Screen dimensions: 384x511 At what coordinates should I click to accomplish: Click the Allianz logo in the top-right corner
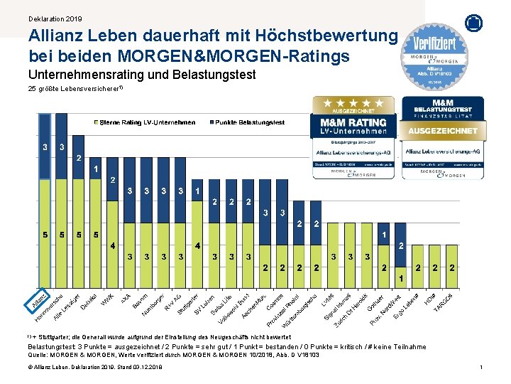click(473, 22)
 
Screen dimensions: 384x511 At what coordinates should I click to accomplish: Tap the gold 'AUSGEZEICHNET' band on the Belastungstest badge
click(442, 131)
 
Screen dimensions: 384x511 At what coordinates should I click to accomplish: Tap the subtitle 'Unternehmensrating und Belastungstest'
click(142, 74)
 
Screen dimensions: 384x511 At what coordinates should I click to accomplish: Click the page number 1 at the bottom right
click(480, 366)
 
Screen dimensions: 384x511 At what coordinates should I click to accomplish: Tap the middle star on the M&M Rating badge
click(353, 104)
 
